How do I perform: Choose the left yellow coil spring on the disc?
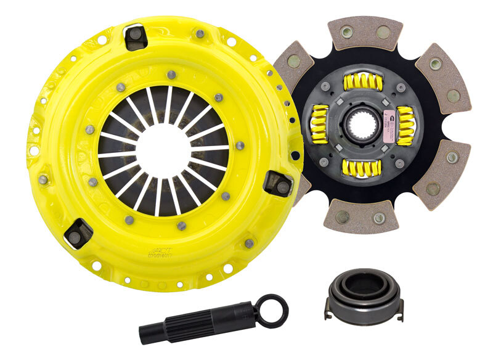319,123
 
